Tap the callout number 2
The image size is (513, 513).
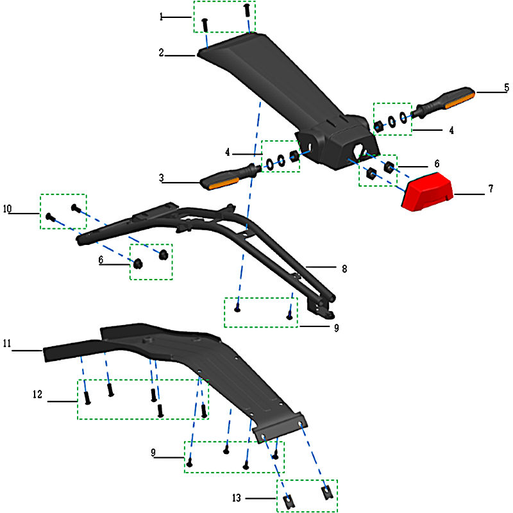162,53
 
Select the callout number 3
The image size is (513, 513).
162,178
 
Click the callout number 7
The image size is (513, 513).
491,189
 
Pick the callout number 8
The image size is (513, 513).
344,269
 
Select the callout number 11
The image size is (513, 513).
7,344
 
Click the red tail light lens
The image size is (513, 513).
427,191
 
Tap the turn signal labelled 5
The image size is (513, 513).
444,100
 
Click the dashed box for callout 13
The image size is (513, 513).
307,495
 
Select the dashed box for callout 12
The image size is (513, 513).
142,399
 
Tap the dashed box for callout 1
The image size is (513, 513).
224,17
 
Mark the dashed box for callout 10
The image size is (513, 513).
63,210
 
